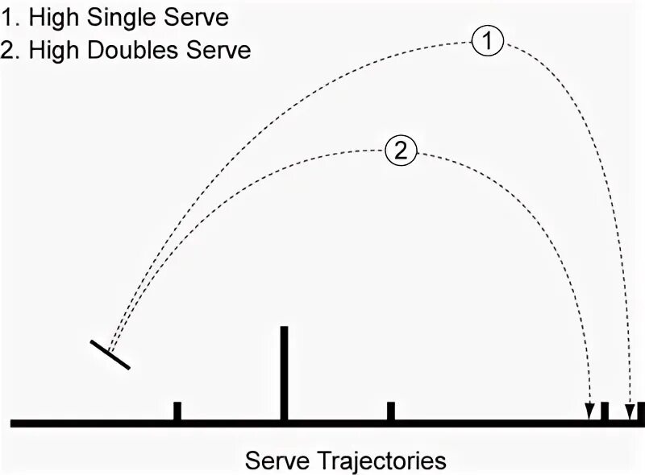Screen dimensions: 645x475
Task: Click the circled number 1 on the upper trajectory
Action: pyautogui.click(x=488, y=43)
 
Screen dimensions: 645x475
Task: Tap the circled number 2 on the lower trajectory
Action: pyautogui.click(x=401, y=151)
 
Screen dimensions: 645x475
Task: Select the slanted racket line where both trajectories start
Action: pyautogui.click(x=110, y=355)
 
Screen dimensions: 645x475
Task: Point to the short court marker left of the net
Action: pyautogui.click(x=177, y=411)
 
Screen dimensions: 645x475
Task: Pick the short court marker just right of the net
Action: pyautogui.click(x=390, y=411)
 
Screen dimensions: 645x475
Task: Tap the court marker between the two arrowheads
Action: pyautogui.click(x=605, y=411)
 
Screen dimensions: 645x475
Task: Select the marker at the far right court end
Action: pyautogui.click(x=641, y=411)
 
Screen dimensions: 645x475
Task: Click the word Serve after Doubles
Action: pyautogui.click(x=222, y=50)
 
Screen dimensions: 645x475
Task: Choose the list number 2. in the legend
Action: pyautogui.click(x=11, y=50)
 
